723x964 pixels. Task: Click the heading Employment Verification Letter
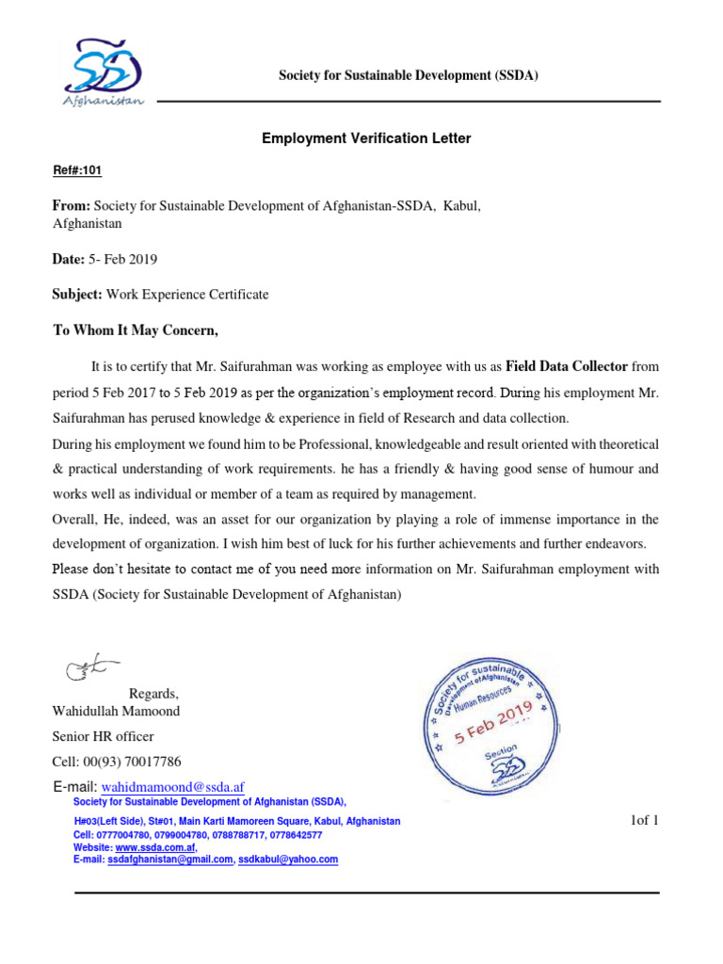coord(366,138)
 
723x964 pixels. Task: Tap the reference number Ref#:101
coord(76,170)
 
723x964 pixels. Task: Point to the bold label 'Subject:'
coord(77,295)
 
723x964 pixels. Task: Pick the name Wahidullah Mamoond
coord(116,711)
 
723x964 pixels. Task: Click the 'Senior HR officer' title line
coord(103,736)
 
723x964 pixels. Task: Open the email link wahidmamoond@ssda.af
coord(173,786)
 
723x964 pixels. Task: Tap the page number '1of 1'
coord(644,820)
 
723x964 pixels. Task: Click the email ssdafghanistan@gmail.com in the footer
coord(170,860)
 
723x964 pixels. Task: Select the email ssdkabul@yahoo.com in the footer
coord(288,860)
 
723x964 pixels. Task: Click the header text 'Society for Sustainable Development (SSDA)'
coord(408,75)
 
